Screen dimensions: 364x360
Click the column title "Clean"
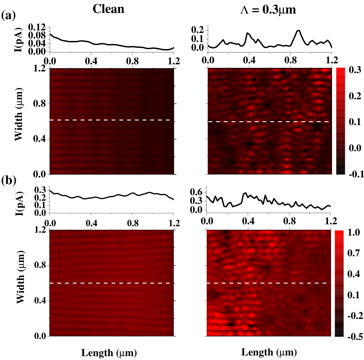click(x=109, y=9)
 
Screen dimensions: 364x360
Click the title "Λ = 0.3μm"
click(x=268, y=10)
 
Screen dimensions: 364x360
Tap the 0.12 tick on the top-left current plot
click(x=37, y=28)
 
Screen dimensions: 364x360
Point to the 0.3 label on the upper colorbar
click(x=355, y=70)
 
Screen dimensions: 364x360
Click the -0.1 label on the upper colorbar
click(x=356, y=174)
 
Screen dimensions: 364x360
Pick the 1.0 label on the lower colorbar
click(x=354, y=232)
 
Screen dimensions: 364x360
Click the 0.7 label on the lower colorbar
click(x=354, y=253)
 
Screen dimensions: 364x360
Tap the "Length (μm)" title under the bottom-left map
click(x=109, y=353)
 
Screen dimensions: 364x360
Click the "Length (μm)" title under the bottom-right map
click(x=269, y=352)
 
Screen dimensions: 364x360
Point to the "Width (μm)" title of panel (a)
click(x=19, y=114)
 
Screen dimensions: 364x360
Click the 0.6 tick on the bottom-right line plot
click(x=197, y=192)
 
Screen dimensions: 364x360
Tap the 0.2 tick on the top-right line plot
click(x=198, y=30)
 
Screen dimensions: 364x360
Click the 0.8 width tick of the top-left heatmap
click(x=40, y=104)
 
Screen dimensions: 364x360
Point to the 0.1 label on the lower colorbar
click(x=354, y=295)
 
